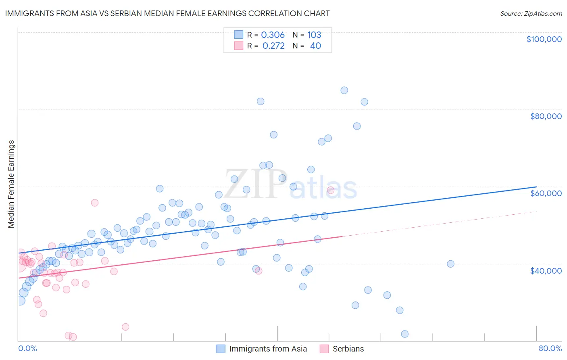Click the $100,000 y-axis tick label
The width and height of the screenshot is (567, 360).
pyautogui.click(x=544, y=39)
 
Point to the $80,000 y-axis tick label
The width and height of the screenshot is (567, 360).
pyautogui.click(x=546, y=116)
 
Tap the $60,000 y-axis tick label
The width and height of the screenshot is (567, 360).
pyautogui.click(x=546, y=193)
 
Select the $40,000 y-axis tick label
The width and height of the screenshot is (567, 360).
pyautogui.click(x=546, y=271)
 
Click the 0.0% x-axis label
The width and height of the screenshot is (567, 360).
pyautogui.click(x=27, y=349)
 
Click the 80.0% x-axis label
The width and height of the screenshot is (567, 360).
pyautogui.click(x=550, y=349)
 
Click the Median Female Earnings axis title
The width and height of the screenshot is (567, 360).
pyautogui.click(x=11, y=184)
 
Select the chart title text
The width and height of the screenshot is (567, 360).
pyautogui.click(x=167, y=13)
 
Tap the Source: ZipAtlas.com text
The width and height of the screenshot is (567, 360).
pyautogui.click(x=531, y=13)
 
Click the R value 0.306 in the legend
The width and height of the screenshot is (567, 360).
pyautogui.click(x=273, y=35)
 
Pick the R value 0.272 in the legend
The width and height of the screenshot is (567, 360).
pyautogui.click(x=273, y=46)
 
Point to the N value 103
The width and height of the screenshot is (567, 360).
pyautogui.click(x=314, y=35)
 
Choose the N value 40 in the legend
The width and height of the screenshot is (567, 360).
pyautogui.click(x=315, y=46)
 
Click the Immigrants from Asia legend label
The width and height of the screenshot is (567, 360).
pyautogui.click(x=268, y=349)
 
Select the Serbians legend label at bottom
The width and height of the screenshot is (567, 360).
pyautogui.click(x=348, y=349)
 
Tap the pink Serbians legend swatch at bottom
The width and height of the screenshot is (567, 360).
pyautogui.click(x=324, y=349)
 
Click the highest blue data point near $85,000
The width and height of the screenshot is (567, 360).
pyautogui.click(x=344, y=90)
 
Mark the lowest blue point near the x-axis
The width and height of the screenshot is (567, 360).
pyautogui.click(x=404, y=334)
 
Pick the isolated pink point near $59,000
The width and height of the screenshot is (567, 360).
pyautogui.click(x=331, y=190)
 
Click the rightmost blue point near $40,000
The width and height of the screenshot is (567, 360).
pyautogui.click(x=450, y=264)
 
